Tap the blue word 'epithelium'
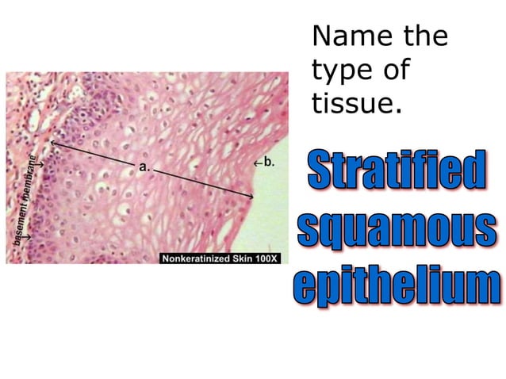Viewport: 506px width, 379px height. pyautogui.click(x=397, y=284)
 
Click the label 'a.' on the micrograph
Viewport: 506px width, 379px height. pyautogui.click(x=144, y=167)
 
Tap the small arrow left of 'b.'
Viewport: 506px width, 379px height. pyautogui.click(x=257, y=163)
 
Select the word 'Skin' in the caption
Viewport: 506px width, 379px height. pyautogui.click(x=244, y=258)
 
